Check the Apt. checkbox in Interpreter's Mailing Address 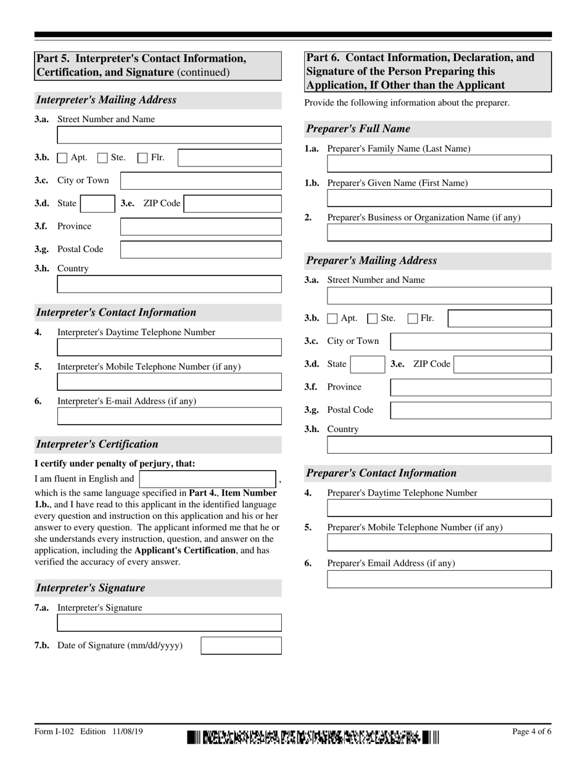click(x=62, y=158)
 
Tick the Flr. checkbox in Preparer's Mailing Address click(x=413, y=319)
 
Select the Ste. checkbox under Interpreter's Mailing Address click(x=102, y=158)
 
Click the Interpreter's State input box click(x=96, y=203)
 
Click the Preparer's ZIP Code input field click(x=502, y=364)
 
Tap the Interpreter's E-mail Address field click(x=169, y=416)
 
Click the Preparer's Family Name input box click(x=439, y=163)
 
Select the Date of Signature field click(x=241, y=645)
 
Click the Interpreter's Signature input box click(x=169, y=622)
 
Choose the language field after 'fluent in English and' click(x=207, y=479)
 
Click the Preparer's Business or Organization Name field click(x=439, y=232)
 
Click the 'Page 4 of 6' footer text click(x=532, y=732)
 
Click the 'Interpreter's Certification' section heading click(x=97, y=444)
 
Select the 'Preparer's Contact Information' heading click(x=382, y=473)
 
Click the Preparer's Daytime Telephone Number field click(x=439, y=508)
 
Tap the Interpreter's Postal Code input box click(x=200, y=250)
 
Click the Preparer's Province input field click(x=471, y=387)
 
